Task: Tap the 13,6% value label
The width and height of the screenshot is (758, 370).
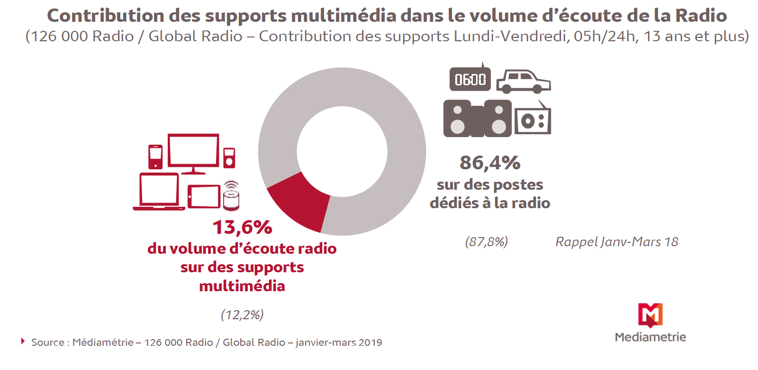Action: (242, 227)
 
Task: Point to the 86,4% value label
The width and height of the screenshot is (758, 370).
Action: (490, 163)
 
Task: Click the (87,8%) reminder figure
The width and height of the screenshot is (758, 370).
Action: (487, 242)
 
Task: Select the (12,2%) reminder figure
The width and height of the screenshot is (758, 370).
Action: (242, 315)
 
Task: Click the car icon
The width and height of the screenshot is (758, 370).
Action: (523, 82)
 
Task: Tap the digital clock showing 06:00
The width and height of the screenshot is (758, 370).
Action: (470, 79)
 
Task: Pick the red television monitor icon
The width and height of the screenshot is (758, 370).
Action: (193, 153)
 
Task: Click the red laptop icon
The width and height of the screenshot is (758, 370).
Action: (159, 192)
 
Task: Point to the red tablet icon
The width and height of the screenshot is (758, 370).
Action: (204, 196)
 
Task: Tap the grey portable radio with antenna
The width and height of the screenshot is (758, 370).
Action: (532, 120)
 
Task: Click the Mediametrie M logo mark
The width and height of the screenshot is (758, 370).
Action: (650, 315)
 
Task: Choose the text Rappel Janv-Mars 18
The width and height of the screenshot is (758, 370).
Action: (616, 242)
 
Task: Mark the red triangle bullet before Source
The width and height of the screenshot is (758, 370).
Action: (23, 342)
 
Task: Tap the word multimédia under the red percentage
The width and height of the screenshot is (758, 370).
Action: (242, 286)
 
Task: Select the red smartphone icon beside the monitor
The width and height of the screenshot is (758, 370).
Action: (155, 157)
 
